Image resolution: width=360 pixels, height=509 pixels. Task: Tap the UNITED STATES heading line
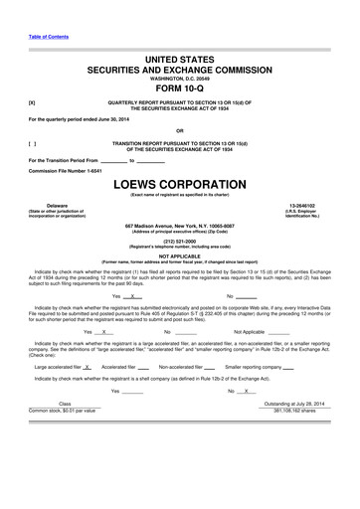179,61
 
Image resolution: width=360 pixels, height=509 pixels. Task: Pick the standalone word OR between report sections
179,130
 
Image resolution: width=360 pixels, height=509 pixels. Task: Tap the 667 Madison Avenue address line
179,227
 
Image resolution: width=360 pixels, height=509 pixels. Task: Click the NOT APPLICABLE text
179,255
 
